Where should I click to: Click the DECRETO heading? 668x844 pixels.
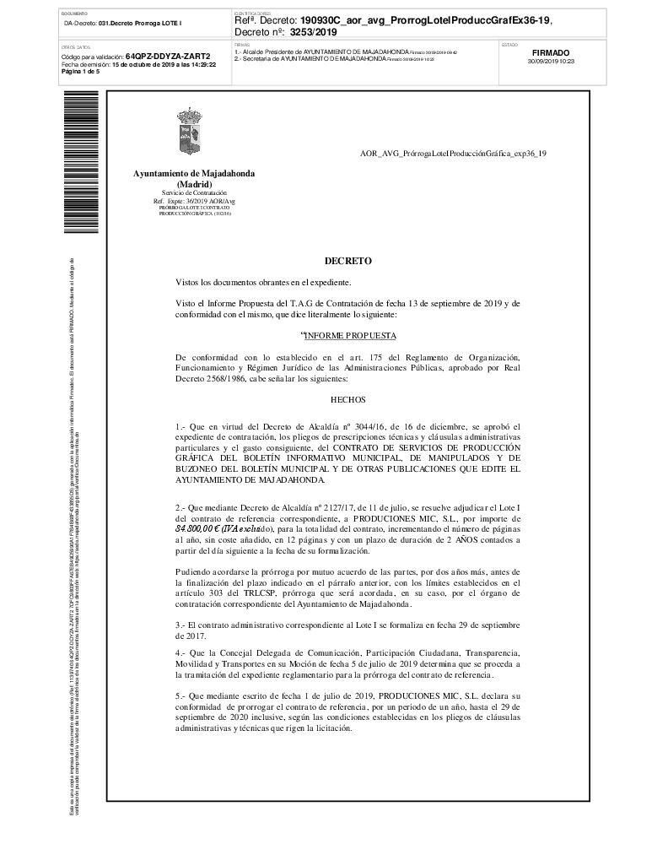(x=347, y=262)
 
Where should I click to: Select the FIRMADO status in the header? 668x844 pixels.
(x=551, y=52)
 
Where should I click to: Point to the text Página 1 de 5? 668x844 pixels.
(x=80, y=72)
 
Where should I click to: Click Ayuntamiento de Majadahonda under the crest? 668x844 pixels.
(x=193, y=173)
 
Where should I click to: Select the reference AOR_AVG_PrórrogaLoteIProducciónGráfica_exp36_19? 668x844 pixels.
(x=453, y=153)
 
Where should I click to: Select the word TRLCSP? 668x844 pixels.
(x=270, y=593)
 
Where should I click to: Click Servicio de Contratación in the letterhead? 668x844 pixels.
(x=193, y=193)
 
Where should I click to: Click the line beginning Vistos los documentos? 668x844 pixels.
(x=262, y=282)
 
